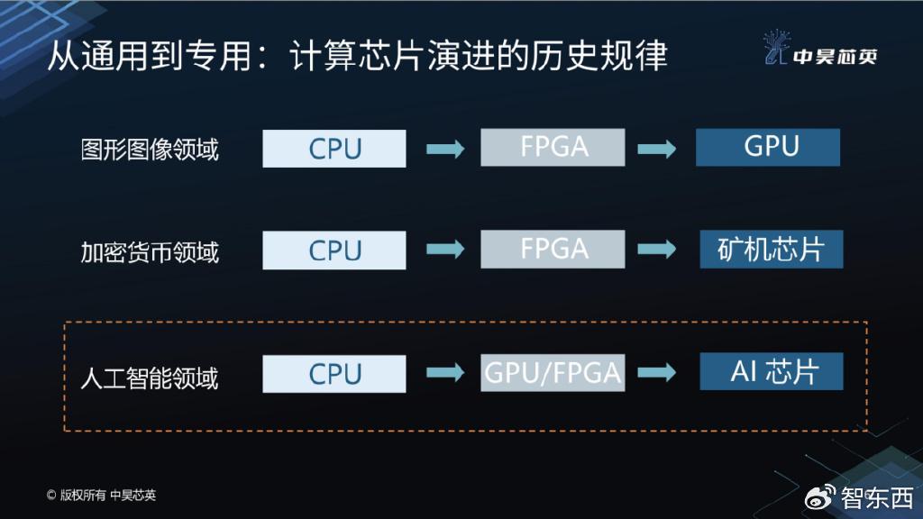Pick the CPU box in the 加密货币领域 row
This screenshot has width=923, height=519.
(x=334, y=250)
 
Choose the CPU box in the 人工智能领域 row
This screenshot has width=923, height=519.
(x=334, y=374)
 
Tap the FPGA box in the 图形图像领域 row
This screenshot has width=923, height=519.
(x=553, y=147)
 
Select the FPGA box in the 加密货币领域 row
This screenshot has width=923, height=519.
(x=553, y=249)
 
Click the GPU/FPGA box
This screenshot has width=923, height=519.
(x=553, y=372)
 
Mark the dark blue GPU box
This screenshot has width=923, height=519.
(x=768, y=147)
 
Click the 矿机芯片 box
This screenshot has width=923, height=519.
(x=772, y=249)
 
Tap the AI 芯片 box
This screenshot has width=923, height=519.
(x=772, y=371)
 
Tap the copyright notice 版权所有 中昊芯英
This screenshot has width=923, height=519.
(x=101, y=495)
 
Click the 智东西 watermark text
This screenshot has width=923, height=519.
(x=877, y=496)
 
